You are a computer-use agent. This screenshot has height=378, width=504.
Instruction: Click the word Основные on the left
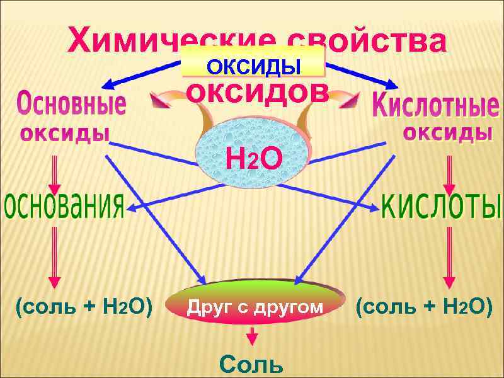point(71,103)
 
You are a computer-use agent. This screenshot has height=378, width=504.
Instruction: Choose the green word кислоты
point(442,206)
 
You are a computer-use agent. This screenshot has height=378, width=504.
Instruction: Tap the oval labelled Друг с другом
point(255,307)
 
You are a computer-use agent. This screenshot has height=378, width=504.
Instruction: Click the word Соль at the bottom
point(251,364)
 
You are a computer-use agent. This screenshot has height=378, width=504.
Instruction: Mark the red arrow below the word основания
point(55,255)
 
